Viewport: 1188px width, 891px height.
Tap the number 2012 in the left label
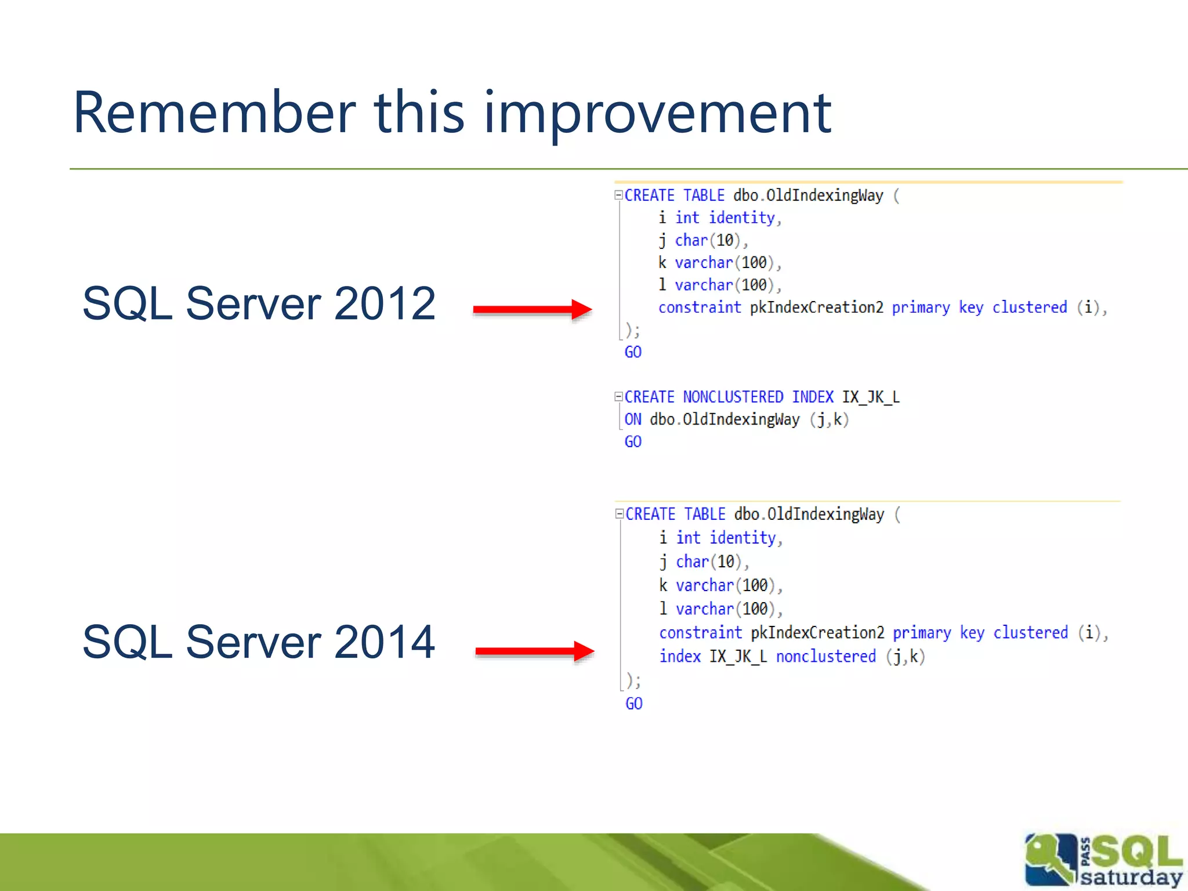coord(385,303)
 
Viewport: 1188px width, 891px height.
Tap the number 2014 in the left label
coord(385,642)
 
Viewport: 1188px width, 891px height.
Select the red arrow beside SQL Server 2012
coord(532,309)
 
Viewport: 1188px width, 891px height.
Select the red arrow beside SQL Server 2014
coord(534,651)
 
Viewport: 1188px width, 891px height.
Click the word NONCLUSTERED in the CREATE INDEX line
coord(733,397)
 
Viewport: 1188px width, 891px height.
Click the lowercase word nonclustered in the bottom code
coord(825,657)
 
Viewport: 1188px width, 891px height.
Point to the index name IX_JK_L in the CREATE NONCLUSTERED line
coord(870,397)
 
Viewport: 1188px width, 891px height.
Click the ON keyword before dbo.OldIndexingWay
coord(632,419)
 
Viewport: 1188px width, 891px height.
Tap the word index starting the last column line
coord(680,657)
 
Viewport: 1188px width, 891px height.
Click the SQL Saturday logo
coord(1102,860)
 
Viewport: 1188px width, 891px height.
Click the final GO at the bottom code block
coord(633,704)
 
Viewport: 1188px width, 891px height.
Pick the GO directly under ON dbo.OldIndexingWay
coord(632,442)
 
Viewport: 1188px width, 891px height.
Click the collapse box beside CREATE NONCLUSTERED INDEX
coord(618,397)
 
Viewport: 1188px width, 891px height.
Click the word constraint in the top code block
coord(700,307)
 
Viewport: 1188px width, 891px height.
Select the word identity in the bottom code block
coord(742,538)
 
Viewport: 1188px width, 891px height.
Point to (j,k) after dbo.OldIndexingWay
coord(829,419)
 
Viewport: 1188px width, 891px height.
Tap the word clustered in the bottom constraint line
coord(1030,633)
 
